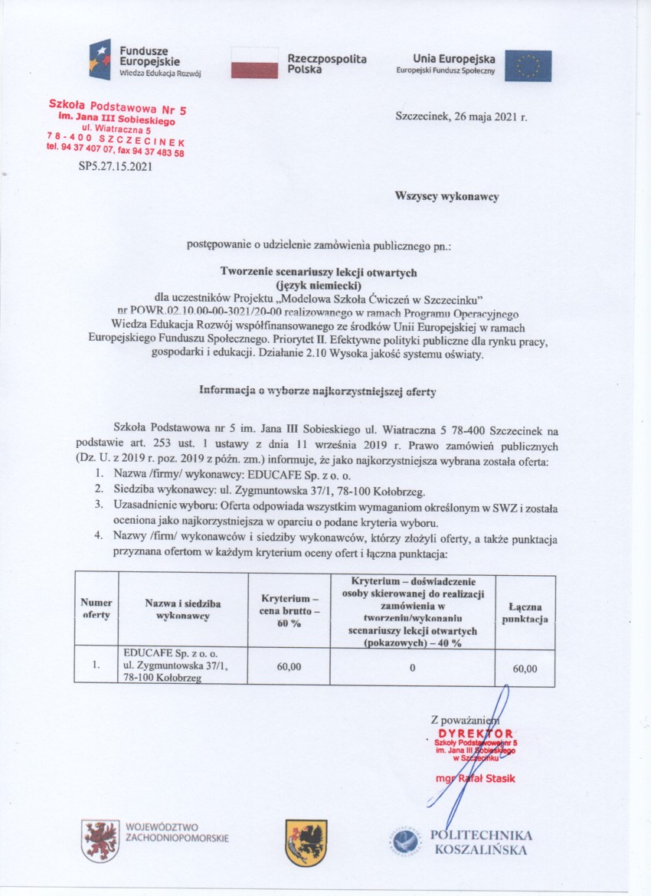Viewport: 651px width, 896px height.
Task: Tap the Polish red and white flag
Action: [254, 62]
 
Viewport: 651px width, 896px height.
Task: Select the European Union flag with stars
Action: [528, 65]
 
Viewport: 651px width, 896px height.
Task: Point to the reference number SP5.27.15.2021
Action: [115, 165]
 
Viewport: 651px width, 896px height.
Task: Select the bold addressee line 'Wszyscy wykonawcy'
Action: [447, 197]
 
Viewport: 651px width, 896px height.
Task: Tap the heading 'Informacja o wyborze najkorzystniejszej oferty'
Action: [317, 391]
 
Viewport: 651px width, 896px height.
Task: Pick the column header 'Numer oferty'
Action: [97, 609]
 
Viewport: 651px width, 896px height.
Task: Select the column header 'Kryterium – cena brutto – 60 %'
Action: [289, 610]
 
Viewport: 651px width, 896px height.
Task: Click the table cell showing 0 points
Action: [412, 667]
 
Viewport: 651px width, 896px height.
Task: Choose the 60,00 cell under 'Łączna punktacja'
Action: [525, 668]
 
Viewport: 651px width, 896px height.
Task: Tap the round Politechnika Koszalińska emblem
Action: [405, 841]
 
